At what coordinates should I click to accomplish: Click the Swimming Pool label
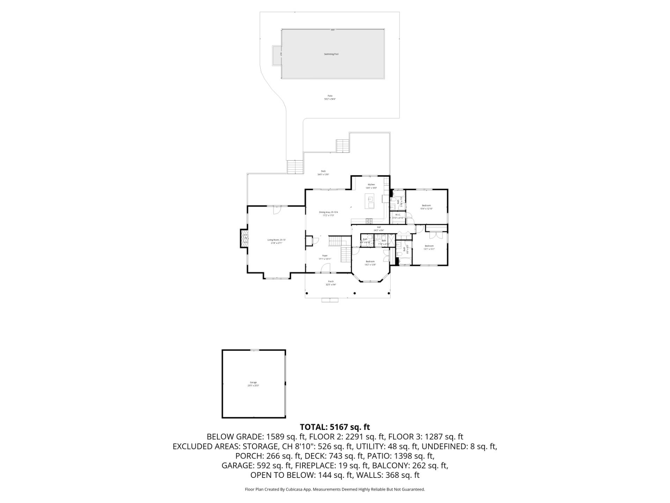(331, 54)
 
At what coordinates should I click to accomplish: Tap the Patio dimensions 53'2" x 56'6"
(330, 99)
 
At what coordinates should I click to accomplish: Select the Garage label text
(253, 382)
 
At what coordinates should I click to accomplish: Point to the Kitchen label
(371, 184)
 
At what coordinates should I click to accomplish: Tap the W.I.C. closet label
(398, 215)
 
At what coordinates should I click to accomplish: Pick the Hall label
(379, 227)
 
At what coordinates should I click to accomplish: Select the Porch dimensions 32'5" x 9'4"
(330, 285)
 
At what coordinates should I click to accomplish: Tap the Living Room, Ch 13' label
(276, 240)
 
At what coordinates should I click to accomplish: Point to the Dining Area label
(328, 212)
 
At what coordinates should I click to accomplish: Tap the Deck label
(323, 171)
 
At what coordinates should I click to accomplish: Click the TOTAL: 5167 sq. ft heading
(335, 427)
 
